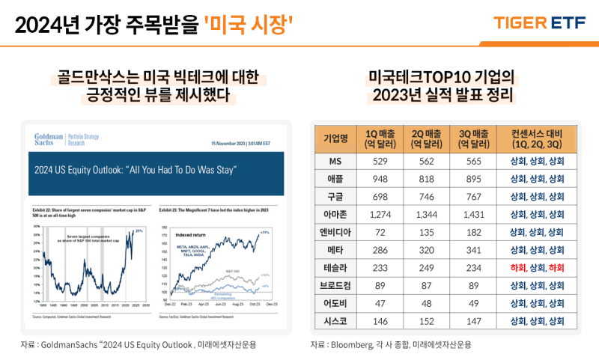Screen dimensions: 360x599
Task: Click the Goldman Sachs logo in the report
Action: click(x=49, y=139)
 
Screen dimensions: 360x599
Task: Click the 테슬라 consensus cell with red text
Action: click(x=537, y=268)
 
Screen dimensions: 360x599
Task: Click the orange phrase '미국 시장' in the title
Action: click(x=248, y=27)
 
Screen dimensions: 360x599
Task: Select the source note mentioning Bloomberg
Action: click(x=391, y=344)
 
